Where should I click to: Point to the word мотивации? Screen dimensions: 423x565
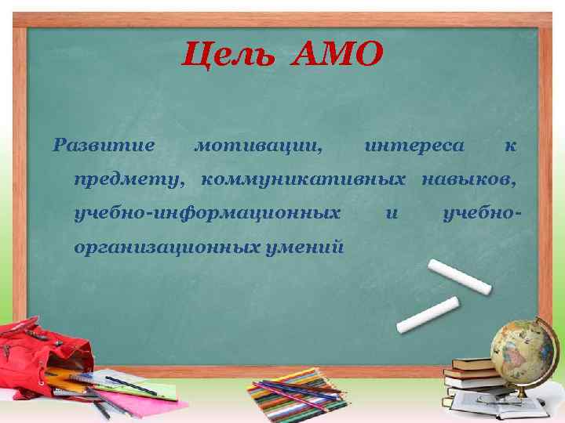point(257,146)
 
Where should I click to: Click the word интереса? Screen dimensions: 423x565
point(415,146)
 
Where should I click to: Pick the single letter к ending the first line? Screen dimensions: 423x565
point(510,146)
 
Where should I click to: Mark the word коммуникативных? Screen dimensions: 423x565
point(304,180)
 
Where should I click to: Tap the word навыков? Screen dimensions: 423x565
point(470,180)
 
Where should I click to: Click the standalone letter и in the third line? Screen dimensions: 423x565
point(392,214)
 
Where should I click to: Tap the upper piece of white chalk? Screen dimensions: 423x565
point(460,277)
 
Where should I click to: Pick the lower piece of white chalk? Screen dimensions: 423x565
point(428,314)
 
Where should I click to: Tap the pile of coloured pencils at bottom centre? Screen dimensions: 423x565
point(298,396)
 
